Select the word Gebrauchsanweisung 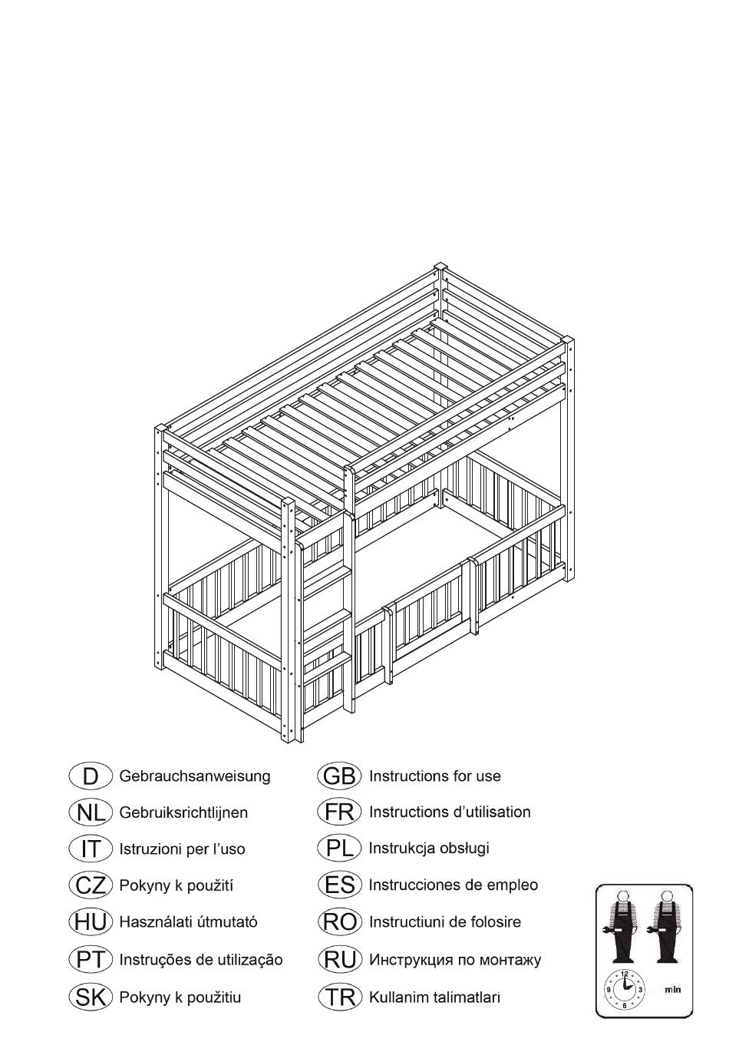click(x=195, y=776)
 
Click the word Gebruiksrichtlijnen click(x=183, y=812)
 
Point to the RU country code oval click(x=340, y=960)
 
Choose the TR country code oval click(x=340, y=996)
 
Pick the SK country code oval click(x=91, y=996)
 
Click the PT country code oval click(x=91, y=960)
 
